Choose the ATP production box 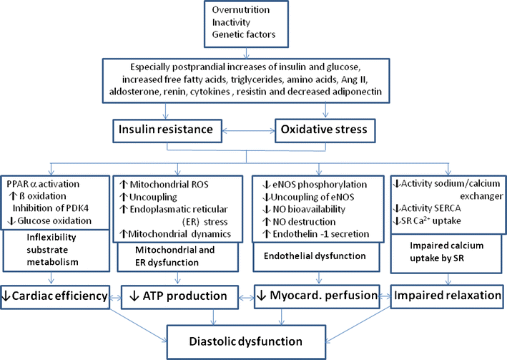coord(182,294)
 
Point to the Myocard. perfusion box coord(320,294)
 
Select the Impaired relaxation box coord(447,294)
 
